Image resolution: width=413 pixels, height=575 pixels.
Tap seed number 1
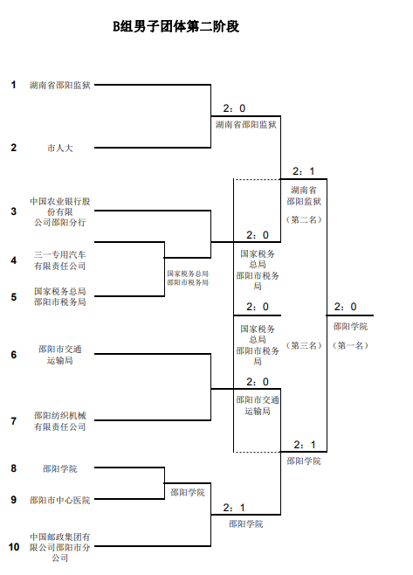pos(14,85)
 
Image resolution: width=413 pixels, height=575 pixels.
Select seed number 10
pos(14,547)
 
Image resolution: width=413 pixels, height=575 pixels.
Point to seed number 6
pos(14,355)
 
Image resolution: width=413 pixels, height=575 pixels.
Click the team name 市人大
pos(60,148)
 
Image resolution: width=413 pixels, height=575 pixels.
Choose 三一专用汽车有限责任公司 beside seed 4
pos(60,260)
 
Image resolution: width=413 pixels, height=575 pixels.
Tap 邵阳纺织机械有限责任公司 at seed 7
pos(60,421)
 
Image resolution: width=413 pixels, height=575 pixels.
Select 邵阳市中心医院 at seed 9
pos(60,500)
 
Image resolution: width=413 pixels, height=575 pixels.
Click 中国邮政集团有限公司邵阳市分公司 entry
pos(60,547)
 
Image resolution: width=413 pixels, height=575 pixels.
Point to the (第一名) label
pos(350,345)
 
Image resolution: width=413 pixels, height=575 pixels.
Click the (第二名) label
pos(304,219)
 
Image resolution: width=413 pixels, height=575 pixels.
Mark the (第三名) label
pos(304,345)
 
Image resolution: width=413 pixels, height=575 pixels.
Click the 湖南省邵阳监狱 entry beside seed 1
pos(60,86)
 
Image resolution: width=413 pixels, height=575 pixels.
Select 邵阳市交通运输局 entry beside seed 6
pos(60,354)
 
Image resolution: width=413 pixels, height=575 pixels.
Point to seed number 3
pos(14,211)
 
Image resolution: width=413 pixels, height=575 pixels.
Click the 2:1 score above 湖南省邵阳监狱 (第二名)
pos(303,171)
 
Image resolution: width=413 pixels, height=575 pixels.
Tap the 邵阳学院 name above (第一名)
pos(350,326)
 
